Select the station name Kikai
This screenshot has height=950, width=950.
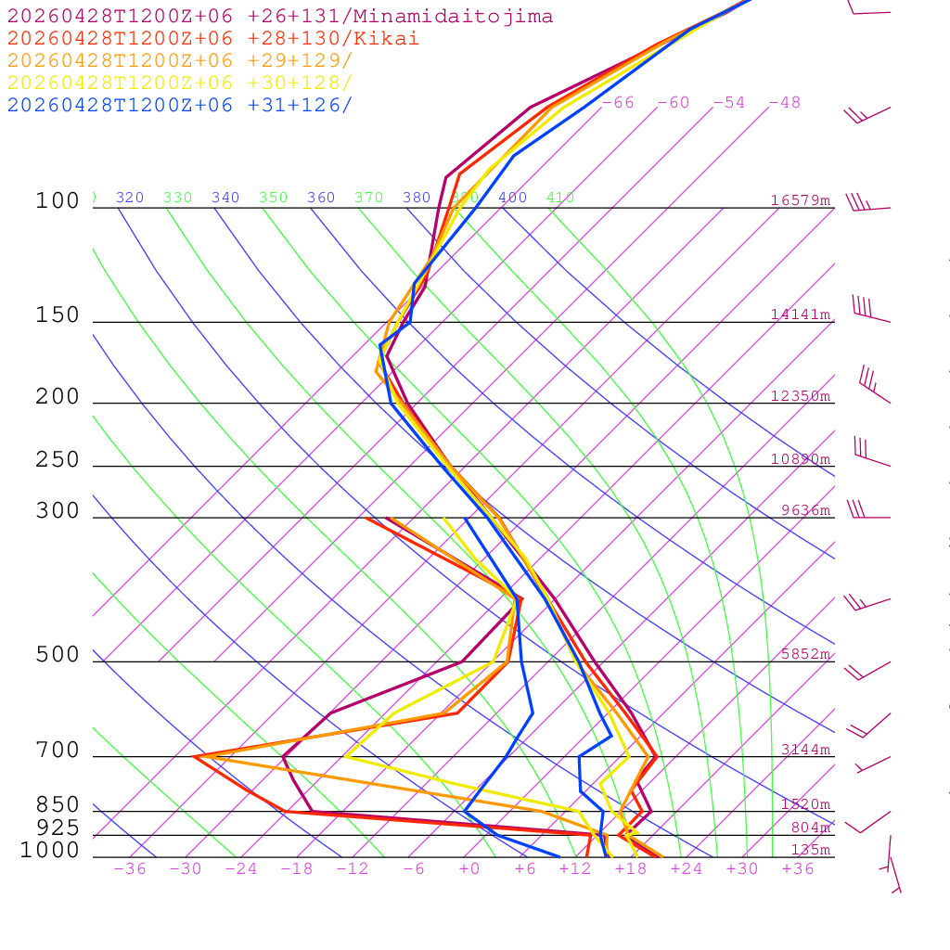[x=394, y=39]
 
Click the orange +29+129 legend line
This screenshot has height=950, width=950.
[x=180, y=61]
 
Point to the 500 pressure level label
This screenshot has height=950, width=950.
[x=58, y=655]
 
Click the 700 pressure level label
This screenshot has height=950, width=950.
[x=58, y=751]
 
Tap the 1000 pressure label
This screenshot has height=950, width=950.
[x=49, y=851]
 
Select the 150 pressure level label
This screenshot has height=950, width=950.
[x=58, y=315]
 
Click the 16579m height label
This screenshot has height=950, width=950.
[x=801, y=200]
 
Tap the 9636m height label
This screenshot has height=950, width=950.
[x=805, y=509]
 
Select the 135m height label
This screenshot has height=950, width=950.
[x=811, y=851]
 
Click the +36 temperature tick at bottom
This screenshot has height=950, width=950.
[x=798, y=869]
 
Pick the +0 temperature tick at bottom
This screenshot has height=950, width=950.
[x=469, y=869]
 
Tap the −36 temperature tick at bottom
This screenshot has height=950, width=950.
[x=129, y=869]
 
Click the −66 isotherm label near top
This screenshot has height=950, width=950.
[x=618, y=103]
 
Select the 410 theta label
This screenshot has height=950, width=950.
[x=560, y=198]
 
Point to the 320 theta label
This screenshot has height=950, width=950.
[x=130, y=198]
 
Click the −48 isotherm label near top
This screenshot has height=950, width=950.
[x=785, y=103]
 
